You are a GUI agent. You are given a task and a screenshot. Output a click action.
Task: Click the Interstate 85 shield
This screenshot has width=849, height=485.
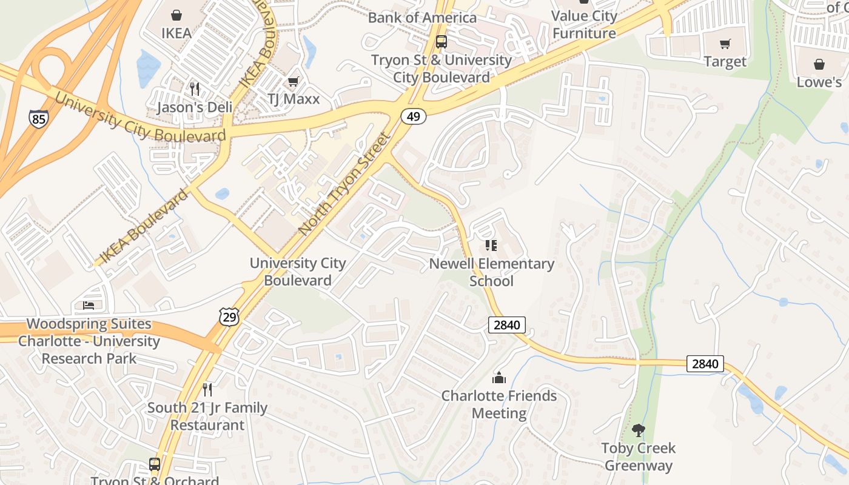pos(39,118)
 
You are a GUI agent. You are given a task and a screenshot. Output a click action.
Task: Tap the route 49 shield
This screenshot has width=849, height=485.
pos(413,116)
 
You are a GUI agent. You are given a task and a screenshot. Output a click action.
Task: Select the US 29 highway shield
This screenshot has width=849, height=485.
pos(229,316)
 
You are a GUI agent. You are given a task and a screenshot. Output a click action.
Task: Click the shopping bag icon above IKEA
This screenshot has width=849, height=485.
pos(176,15)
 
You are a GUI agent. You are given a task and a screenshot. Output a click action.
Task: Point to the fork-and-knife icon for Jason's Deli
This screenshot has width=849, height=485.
pos(195,89)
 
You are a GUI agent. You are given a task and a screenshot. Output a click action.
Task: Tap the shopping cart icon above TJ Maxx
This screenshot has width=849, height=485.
pos(293,81)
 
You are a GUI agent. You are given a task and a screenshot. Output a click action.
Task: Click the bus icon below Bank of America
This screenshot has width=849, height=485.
pos(441,42)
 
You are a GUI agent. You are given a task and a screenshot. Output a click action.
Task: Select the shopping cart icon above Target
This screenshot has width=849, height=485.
pos(725,44)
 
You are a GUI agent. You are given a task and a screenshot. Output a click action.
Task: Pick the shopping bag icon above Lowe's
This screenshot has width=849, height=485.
pos(819,64)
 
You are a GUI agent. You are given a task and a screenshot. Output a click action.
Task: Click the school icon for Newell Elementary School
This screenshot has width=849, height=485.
pos(491,246)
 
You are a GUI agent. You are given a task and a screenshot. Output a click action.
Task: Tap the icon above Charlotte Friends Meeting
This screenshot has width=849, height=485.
pos(499,378)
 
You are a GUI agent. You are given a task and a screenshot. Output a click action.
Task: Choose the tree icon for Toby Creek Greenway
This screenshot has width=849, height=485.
pos(638,430)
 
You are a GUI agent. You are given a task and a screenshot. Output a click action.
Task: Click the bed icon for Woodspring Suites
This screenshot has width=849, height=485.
pos(89,306)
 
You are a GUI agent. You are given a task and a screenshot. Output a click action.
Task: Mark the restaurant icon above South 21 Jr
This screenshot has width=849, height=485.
pos(207,389)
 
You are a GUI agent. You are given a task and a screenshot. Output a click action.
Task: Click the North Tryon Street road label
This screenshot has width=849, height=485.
pos(344,184)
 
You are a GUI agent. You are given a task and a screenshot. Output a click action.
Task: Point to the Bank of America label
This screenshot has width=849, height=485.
pos(422,18)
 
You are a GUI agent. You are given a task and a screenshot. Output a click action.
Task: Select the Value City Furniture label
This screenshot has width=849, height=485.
pos(584,25)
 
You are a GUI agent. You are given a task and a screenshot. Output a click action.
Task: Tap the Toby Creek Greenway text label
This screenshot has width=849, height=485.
pos(638,457)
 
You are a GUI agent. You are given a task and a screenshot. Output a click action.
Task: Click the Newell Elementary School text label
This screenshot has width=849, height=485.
pos(491,272)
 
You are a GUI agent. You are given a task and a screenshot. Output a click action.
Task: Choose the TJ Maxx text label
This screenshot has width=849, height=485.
pos(294,99)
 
